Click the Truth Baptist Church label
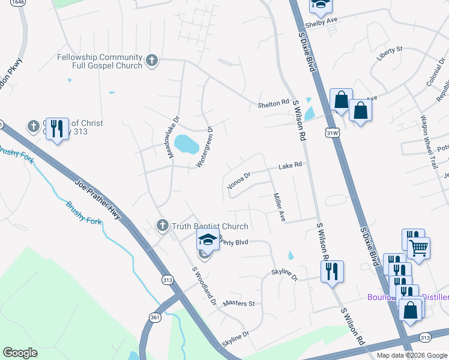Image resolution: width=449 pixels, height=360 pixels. [x=209, y=226]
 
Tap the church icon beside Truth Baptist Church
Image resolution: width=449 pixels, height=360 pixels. [x=161, y=226]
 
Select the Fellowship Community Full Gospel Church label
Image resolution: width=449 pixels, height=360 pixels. [x=100, y=61]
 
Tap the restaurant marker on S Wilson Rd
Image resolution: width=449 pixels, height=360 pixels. [x=332, y=272]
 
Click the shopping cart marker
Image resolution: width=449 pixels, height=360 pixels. [x=418, y=247]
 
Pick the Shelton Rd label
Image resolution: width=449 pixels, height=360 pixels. [x=273, y=104]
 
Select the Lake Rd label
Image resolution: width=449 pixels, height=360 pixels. [x=289, y=165]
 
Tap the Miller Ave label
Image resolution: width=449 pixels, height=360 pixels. [x=279, y=207]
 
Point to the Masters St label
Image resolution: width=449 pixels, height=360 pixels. [x=239, y=304]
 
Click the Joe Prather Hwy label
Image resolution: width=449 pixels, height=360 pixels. [x=98, y=202]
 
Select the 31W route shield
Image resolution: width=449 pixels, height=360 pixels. [x=331, y=130]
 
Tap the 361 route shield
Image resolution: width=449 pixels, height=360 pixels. [x=154, y=317]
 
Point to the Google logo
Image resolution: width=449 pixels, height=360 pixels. [x=20, y=353]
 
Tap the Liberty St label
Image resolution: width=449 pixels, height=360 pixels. [x=389, y=52]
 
